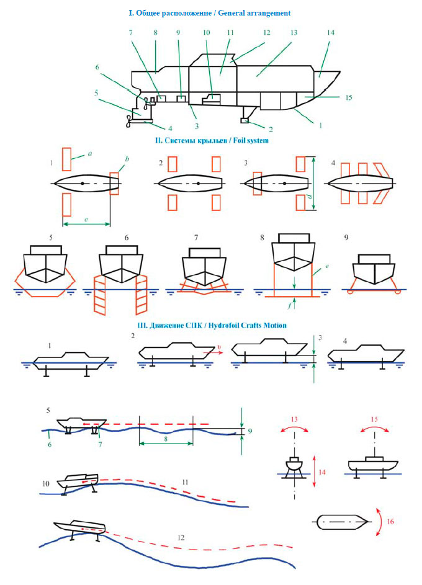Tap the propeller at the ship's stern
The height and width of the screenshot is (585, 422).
point(128,119)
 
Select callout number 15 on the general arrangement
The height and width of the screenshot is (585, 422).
point(349,97)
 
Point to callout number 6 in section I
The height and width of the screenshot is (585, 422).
point(97,67)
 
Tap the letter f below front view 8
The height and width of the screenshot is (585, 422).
point(292,306)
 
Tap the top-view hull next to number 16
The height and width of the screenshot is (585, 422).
point(341,522)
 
